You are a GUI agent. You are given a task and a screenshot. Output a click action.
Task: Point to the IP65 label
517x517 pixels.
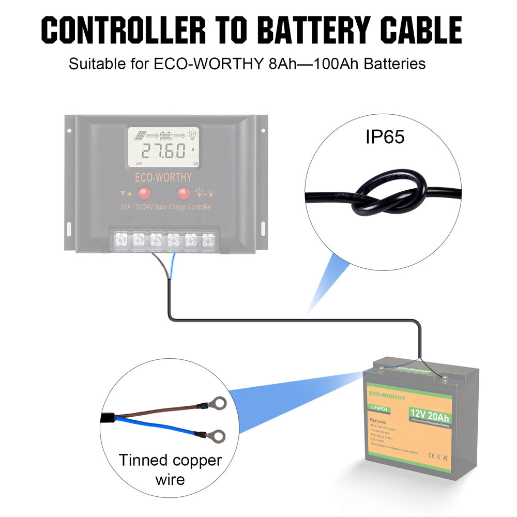385,136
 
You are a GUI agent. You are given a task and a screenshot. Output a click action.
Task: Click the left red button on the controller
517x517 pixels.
144,194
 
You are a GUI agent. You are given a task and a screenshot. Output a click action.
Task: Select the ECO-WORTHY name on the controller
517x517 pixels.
163,177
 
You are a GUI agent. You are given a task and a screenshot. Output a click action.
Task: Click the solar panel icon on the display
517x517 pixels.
139,135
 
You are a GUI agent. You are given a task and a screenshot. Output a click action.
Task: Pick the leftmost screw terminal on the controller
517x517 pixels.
122,240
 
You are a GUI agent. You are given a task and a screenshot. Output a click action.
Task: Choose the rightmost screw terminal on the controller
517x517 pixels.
208,240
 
